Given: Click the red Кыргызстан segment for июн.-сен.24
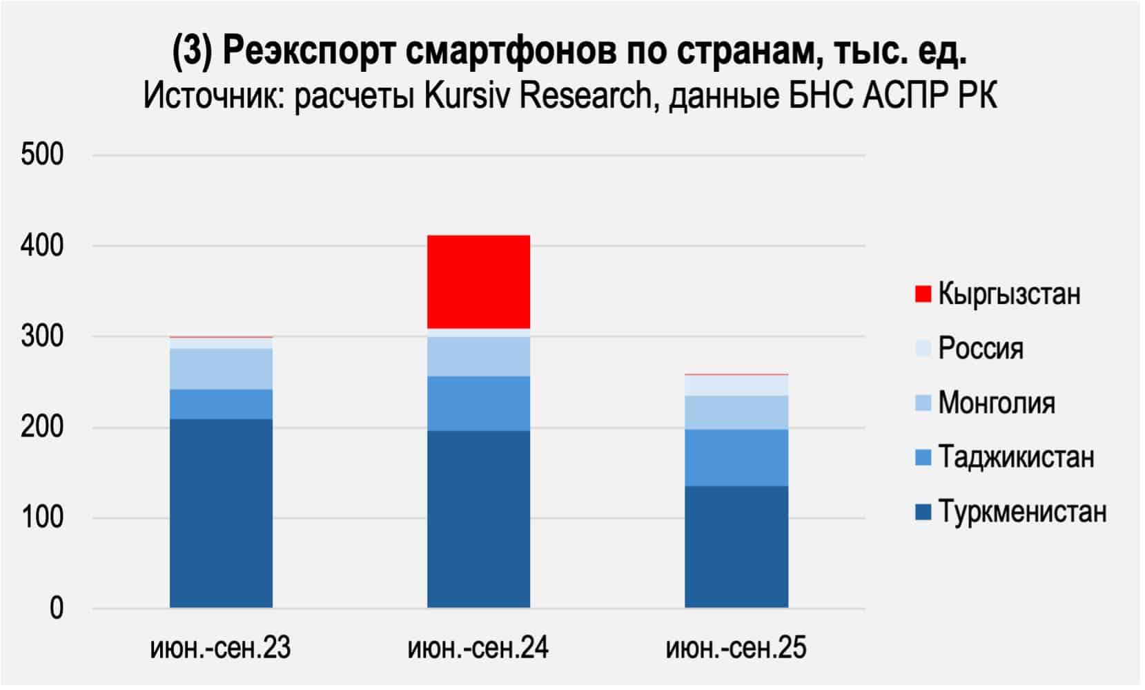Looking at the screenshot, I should [x=478, y=282].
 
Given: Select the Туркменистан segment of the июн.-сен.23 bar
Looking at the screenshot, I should [x=221, y=513].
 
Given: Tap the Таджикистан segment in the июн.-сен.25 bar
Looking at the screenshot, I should [x=736, y=458].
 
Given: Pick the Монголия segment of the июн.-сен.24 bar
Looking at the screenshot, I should [x=478, y=356].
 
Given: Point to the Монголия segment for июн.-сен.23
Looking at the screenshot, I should [x=221, y=369].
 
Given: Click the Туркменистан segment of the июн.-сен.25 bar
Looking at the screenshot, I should [x=736, y=547].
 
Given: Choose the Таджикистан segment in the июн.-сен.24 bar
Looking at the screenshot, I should [x=478, y=403].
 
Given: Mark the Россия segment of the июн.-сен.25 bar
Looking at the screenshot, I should [x=736, y=385].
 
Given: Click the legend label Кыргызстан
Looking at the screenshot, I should [x=1008, y=294].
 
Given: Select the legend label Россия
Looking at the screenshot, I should [x=980, y=348].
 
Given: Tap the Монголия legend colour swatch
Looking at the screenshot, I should [x=923, y=403].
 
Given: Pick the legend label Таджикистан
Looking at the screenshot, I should [x=1016, y=457].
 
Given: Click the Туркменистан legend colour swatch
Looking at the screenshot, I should [x=923, y=512].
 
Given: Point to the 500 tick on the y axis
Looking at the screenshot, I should [x=42, y=154].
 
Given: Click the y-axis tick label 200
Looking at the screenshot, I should [x=42, y=427].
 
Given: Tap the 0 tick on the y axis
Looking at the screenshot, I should [x=56, y=608].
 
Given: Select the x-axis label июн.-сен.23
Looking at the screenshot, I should [x=221, y=649].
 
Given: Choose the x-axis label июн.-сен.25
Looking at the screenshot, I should [x=736, y=649].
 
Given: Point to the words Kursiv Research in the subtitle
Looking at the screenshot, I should [x=538, y=96].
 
